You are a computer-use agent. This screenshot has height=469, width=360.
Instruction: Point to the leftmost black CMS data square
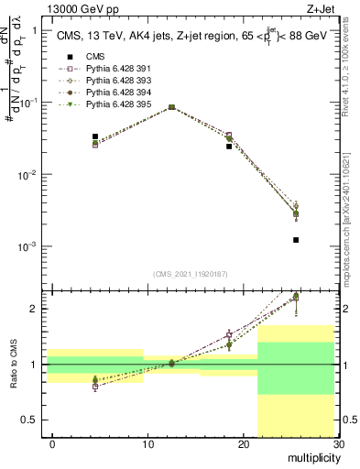[x=95, y=136]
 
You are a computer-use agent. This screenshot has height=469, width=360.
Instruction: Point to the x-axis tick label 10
[x=148, y=444]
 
